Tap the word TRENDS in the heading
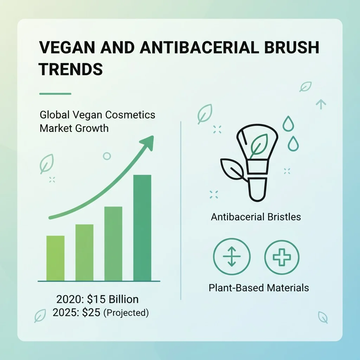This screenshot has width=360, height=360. [x=71, y=69]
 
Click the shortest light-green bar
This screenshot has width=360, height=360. [x=55, y=258]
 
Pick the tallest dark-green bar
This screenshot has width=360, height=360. [x=142, y=228]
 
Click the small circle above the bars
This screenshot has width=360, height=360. [x=107, y=156]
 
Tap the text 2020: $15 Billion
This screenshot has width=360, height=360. [x=97, y=299]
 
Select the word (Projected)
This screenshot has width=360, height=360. [x=126, y=313]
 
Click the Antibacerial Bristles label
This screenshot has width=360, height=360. [x=256, y=217]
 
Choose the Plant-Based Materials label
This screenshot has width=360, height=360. [x=259, y=288]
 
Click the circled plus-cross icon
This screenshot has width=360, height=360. [x=282, y=257]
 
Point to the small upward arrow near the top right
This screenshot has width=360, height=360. [x=321, y=104]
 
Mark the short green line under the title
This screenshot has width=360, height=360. [x=55, y=94]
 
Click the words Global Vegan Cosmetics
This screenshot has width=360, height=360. [x=97, y=115]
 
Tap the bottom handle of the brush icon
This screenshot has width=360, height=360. [x=258, y=189]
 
